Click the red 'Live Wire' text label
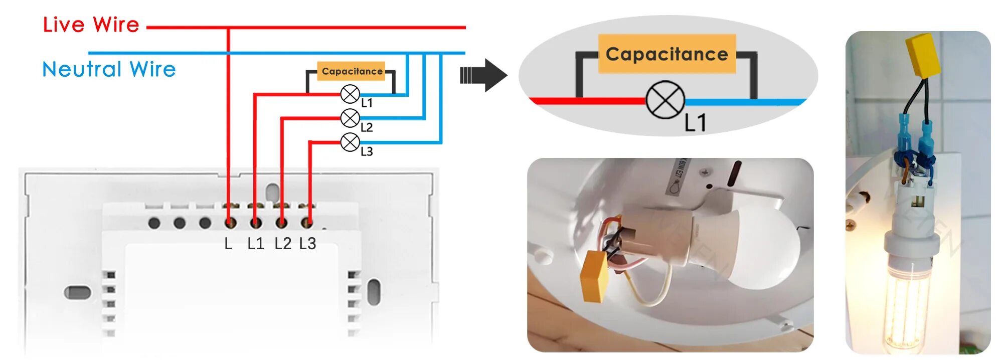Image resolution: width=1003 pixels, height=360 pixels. click(x=91, y=25)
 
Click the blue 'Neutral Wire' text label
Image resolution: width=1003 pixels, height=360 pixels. click(x=109, y=69)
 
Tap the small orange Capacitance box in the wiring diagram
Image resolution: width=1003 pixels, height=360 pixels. click(x=352, y=71)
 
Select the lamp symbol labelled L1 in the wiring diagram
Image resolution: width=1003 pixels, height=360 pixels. click(x=350, y=94)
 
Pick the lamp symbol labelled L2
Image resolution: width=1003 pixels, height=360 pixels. click(x=350, y=118)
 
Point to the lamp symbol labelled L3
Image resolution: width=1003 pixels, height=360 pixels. click(x=350, y=142)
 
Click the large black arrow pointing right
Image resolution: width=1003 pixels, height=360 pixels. click(x=483, y=75)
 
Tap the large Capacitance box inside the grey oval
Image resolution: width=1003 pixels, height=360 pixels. click(x=666, y=54)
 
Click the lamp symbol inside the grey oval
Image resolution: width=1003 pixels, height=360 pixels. click(x=665, y=100)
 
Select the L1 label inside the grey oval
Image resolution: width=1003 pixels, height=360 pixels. click(x=696, y=123)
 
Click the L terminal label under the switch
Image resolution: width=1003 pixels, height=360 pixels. click(x=228, y=244)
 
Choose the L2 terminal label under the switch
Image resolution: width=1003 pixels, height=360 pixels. click(x=282, y=244)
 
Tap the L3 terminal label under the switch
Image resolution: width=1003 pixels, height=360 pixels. click(x=307, y=244)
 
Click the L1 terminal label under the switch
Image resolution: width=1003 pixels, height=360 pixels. click(x=256, y=244)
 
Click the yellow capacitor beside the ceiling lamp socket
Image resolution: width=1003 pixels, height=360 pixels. click(x=594, y=276)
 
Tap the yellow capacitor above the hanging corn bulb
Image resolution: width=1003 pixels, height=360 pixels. click(x=923, y=56)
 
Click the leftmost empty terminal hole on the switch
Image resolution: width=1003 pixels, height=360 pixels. click(x=154, y=223)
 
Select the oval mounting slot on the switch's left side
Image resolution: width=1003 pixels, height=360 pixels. click(x=77, y=292)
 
